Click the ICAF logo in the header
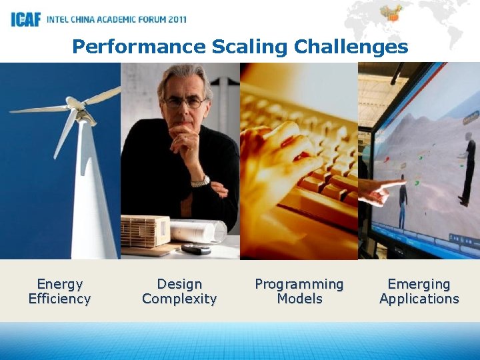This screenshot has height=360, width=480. pyautogui.click(x=25, y=19)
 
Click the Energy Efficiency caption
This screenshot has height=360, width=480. pyautogui.click(x=59, y=291)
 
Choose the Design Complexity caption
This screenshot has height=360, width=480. pyautogui.click(x=179, y=291)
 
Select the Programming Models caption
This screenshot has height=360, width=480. pyautogui.click(x=299, y=291)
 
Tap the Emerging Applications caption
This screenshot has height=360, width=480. pyautogui.click(x=419, y=291)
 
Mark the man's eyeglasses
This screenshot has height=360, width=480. pyautogui.click(x=185, y=103)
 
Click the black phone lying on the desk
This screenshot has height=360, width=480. pyautogui.click(x=195, y=249)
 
